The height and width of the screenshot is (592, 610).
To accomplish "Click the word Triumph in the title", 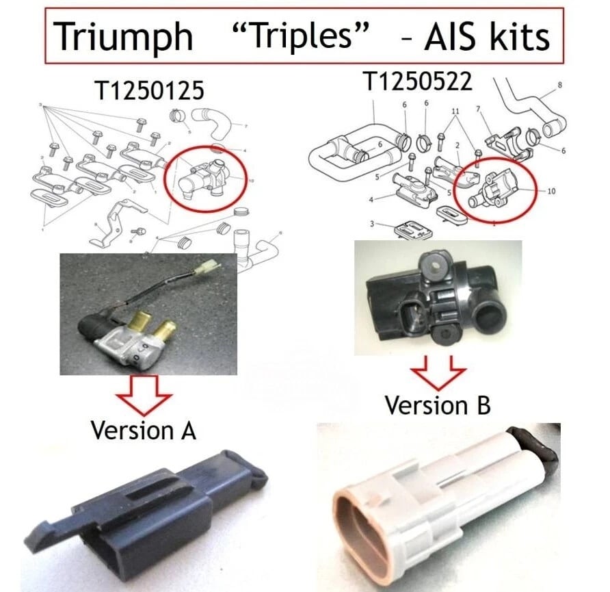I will coord(123,36).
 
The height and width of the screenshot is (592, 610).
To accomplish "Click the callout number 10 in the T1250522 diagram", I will coord(551,191).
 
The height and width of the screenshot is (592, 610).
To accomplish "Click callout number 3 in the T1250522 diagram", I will coord(373,224).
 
